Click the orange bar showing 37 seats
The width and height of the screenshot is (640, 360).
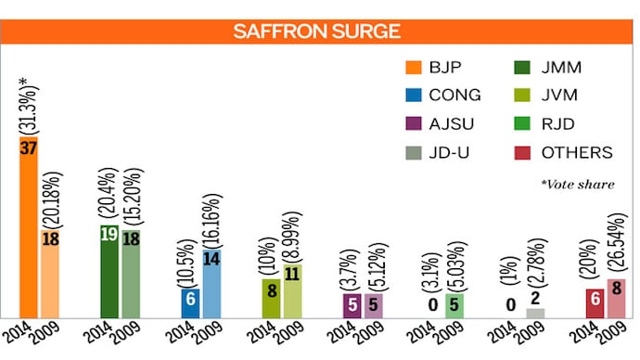coord(28,232)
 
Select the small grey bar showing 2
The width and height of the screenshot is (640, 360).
coord(535,313)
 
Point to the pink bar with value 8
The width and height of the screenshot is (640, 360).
coord(617,298)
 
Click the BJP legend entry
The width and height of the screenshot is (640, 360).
coord(439,66)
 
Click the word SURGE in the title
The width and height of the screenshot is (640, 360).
coord(367,31)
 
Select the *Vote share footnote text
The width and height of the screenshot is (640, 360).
coord(577,185)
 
